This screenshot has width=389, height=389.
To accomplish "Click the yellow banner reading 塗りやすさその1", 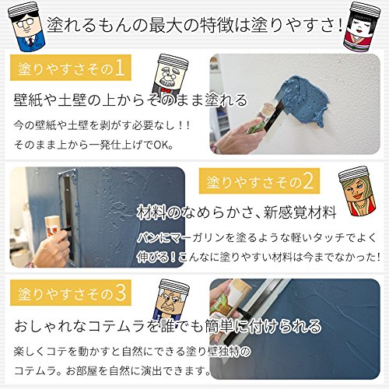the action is tap(71, 68).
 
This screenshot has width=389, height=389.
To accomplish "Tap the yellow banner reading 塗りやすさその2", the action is tap(259, 180).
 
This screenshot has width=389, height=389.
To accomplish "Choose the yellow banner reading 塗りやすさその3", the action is tap(71, 293).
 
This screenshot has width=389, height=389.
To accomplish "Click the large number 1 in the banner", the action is tap(120, 68).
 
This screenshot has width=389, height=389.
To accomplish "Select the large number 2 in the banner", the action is tap(308, 181).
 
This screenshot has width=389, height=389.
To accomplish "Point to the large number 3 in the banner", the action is tap(120, 293).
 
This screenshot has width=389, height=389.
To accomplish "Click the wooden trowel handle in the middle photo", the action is tap(53, 227).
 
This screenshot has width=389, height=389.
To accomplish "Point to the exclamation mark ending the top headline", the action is tap(340, 25).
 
